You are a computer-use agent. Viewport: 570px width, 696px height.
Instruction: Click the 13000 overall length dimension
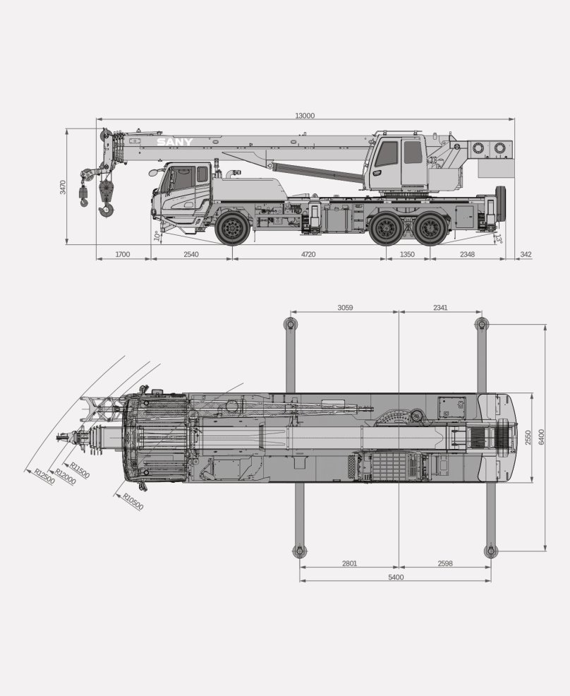tap(305, 115)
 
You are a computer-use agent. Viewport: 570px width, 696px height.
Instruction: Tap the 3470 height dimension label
tap(63, 187)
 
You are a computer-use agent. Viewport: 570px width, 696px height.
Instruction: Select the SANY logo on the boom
tap(175, 142)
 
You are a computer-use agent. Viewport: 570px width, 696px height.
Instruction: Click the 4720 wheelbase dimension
tap(308, 254)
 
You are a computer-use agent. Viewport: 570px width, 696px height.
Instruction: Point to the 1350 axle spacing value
tap(407, 254)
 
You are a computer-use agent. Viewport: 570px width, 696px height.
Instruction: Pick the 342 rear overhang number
tap(526, 254)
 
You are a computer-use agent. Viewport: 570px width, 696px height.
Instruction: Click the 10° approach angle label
tap(157, 236)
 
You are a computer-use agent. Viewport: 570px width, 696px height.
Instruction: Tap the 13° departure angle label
tap(499, 239)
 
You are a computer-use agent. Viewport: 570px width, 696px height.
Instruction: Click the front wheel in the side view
tap(232, 228)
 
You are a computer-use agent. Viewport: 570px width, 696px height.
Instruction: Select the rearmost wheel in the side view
tap(429, 228)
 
